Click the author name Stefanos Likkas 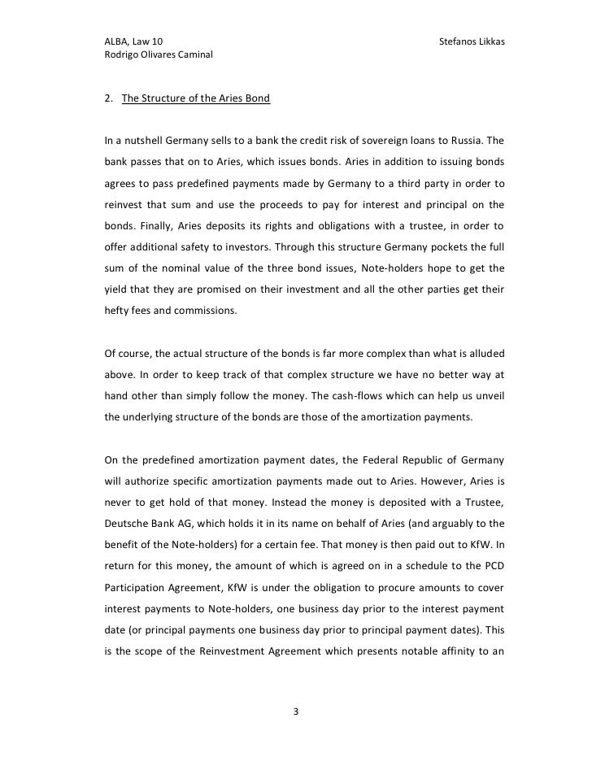(x=472, y=41)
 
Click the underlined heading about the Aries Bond (x=196, y=100)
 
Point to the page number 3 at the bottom (x=296, y=713)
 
